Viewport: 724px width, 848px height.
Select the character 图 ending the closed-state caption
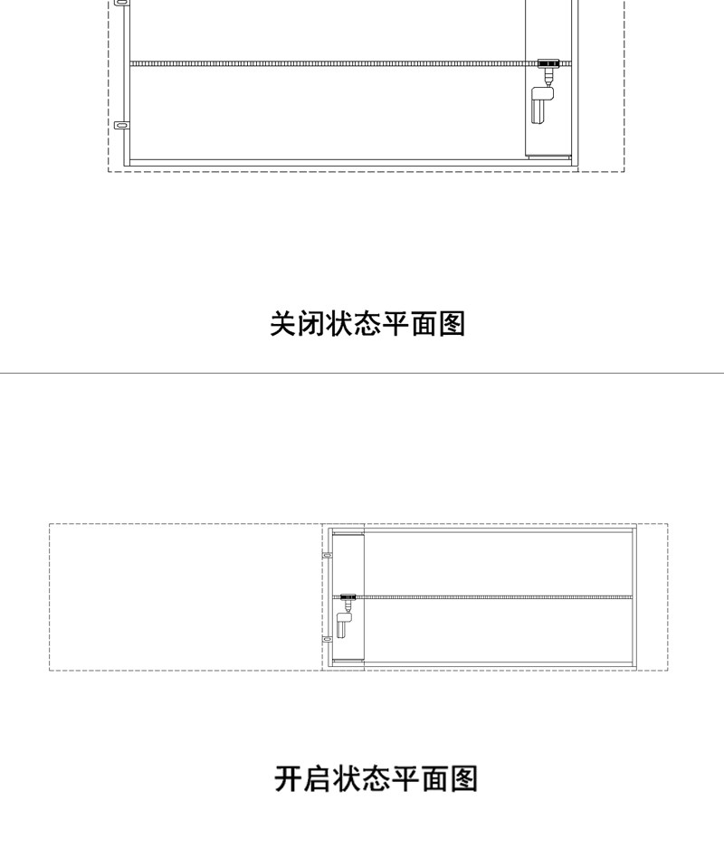coord(452,323)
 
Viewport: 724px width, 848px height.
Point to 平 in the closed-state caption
coord(395,323)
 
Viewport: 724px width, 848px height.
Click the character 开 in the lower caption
coord(289,778)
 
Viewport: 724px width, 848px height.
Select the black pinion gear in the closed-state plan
coord(548,64)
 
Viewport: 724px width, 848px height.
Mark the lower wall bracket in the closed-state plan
coord(121,125)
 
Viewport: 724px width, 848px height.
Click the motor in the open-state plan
coord(343,624)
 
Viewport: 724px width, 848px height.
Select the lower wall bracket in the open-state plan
coord(328,639)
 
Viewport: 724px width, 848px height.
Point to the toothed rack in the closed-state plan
coord(326,63)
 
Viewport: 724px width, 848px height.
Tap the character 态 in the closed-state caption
coord(367,323)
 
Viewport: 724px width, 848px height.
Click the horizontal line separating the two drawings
coord(362,373)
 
